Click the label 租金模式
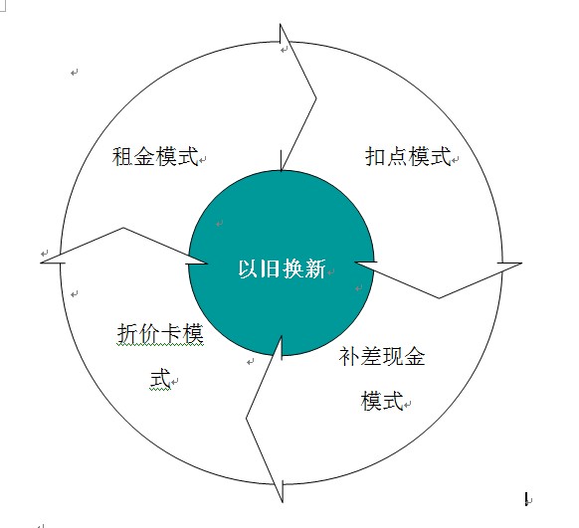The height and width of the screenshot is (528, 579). click(x=155, y=156)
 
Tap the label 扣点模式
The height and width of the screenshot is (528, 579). click(x=409, y=156)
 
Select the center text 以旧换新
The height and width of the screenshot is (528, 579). click(x=283, y=268)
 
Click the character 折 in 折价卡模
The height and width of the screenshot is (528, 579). click(x=127, y=333)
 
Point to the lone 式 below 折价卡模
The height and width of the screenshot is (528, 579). click(x=160, y=378)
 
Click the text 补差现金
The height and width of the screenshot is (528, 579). click(x=382, y=357)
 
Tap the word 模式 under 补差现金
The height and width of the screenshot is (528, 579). click(x=382, y=401)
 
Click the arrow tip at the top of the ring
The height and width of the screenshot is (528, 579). click(x=281, y=24)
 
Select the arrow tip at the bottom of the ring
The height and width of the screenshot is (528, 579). click(x=283, y=502)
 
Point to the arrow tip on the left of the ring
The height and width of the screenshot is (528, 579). click(x=40, y=263)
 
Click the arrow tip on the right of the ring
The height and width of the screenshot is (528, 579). click(x=521, y=264)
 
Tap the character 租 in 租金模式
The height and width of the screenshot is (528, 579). click(x=122, y=156)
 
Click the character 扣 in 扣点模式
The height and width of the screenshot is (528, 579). click(x=375, y=156)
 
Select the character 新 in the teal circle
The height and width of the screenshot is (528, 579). click(x=315, y=268)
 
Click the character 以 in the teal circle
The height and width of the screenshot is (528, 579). click(x=249, y=268)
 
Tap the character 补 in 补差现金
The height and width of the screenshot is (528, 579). click(x=349, y=357)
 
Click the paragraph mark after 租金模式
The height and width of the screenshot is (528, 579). click(x=202, y=160)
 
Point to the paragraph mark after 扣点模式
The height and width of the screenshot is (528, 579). click(x=456, y=160)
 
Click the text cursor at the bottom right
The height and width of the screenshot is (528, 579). click(x=526, y=499)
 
